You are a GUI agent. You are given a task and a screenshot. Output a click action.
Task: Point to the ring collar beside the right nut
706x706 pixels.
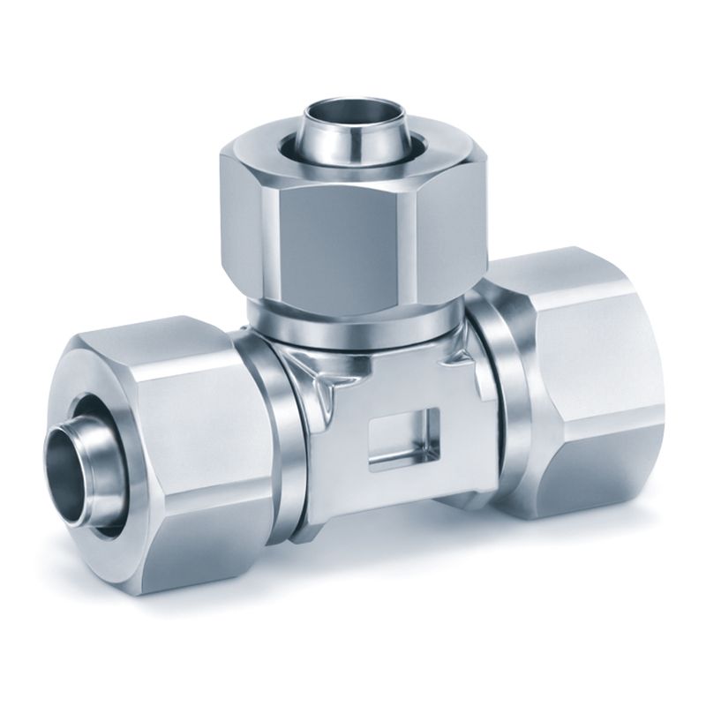pyautogui.click(x=494, y=388)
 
